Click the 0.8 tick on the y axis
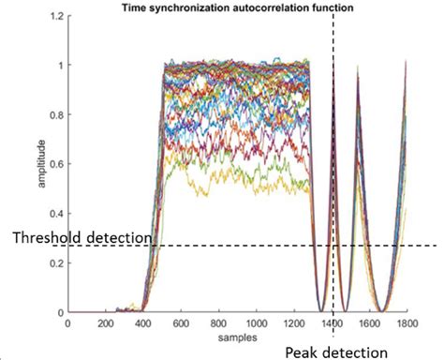[55, 116]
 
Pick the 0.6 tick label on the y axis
[55, 165]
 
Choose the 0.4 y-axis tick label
[55, 215]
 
